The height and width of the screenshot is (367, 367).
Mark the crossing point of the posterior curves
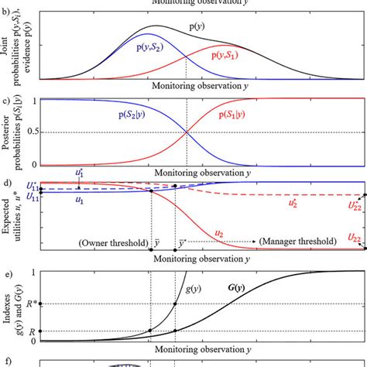click(x=187, y=132)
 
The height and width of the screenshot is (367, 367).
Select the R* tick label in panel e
click(x=26, y=304)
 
